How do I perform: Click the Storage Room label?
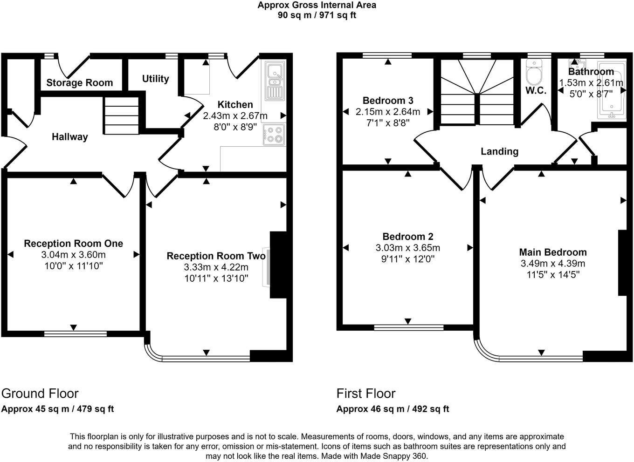[80, 83]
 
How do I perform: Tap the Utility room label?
[155, 79]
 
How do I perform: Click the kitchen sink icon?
[275, 81]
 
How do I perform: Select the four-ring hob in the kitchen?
[274, 134]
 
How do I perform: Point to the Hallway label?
[69, 137]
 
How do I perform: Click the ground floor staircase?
[121, 116]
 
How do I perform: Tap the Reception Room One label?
[74, 244]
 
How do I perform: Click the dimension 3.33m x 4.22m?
[216, 267]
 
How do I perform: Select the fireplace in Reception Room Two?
[278, 265]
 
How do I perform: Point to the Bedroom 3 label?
[388, 101]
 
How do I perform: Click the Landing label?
[499, 151]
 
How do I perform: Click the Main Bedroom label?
[553, 252]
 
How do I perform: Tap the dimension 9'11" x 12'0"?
[408, 259]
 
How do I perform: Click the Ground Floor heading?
[40, 394]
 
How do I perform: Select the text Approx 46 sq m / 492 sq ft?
[393, 409]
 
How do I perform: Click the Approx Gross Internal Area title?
[317, 6]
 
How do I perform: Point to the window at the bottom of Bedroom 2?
[408, 327]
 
